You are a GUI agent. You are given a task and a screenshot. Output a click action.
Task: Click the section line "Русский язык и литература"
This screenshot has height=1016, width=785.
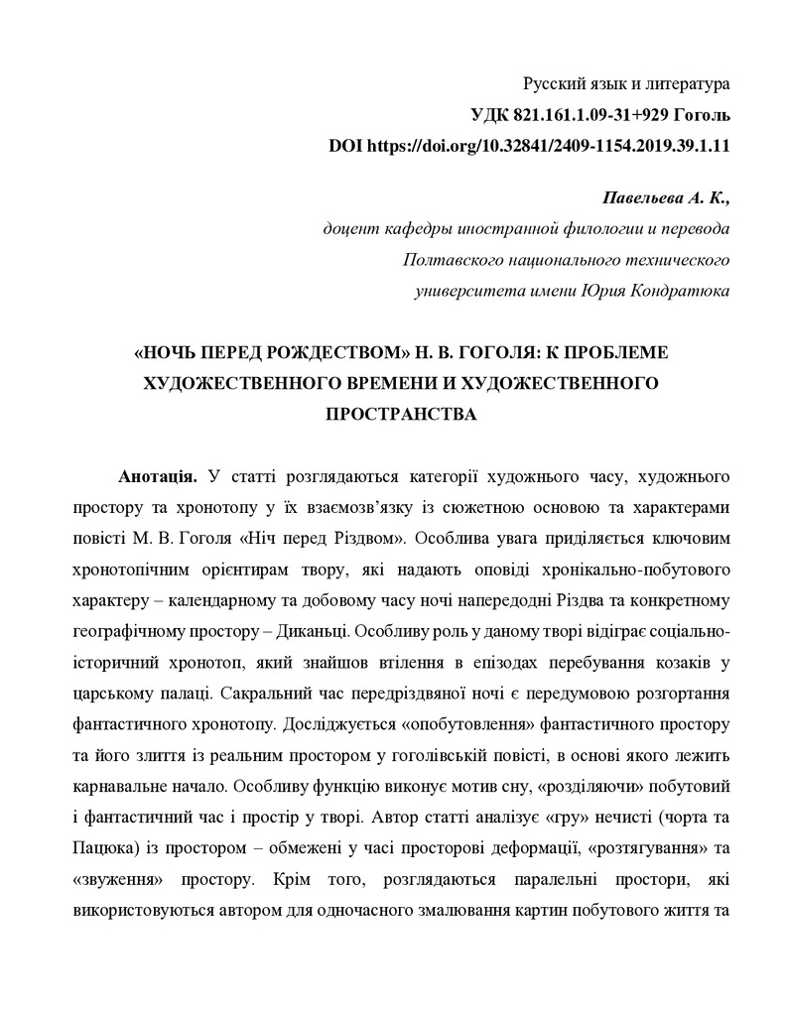626,84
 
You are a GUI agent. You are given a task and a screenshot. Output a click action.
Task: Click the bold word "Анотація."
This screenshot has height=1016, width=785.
158,477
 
